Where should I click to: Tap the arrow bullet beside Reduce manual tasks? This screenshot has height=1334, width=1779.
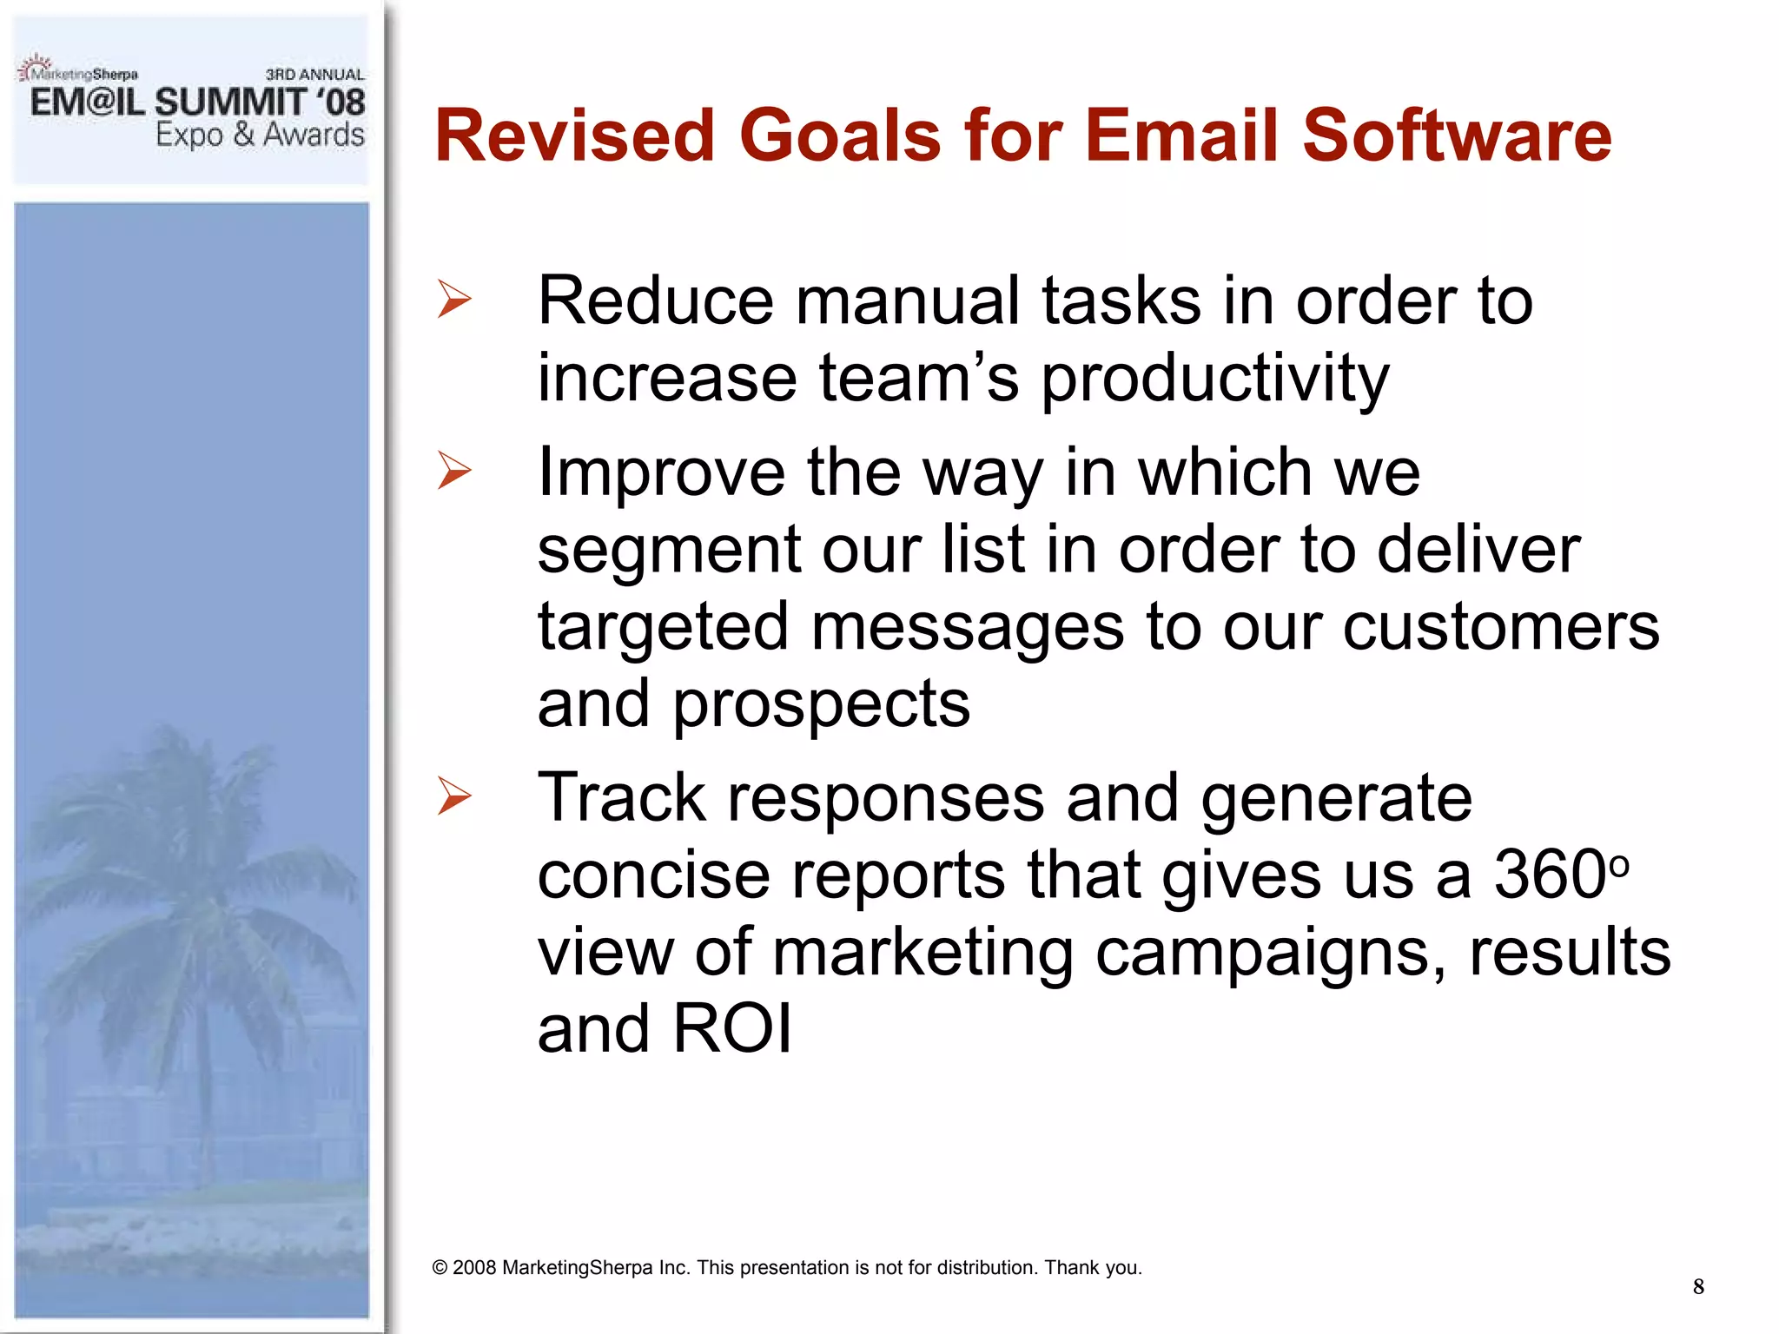coord(454,300)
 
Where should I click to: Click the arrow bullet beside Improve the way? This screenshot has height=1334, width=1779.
coord(454,471)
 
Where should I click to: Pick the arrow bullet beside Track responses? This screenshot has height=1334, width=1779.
coord(454,796)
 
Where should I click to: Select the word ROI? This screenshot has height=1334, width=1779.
coord(731,1029)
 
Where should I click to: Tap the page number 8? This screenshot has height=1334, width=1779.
coord(1697,1286)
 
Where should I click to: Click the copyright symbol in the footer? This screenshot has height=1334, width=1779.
coord(440,1268)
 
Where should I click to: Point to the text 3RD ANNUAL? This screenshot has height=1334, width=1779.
coord(314,75)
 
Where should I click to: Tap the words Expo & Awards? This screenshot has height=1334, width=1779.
coord(260,135)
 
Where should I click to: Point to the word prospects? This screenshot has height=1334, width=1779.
coord(821,704)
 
